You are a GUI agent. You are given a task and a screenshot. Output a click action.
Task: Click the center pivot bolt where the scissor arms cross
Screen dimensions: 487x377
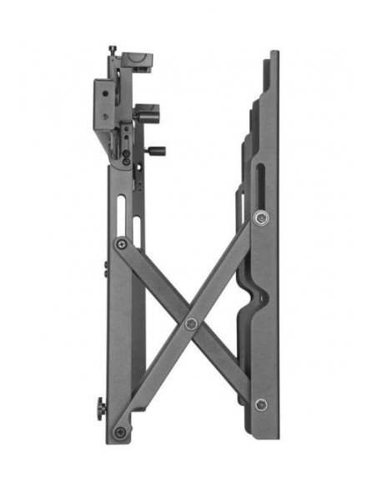pyautogui.click(x=191, y=324)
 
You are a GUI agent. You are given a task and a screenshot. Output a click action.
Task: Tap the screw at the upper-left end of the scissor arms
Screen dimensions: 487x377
pyautogui.click(x=123, y=244)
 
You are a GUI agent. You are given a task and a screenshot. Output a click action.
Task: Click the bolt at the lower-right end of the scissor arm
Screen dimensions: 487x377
pyautogui.click(x=262, y=404)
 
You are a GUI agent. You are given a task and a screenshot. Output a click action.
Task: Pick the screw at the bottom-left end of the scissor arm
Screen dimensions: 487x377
pyautogui.click(x=121, y=432)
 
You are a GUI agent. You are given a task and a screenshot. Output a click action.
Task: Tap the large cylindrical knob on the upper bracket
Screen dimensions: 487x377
pyautogui.click(x=148, y=114)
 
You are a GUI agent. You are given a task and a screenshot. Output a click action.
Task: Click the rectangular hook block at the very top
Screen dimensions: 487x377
pyautogui.click(x=138, y=63)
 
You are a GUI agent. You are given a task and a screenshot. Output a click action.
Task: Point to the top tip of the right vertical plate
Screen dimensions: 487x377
pyautogui.click(x=274, y=53)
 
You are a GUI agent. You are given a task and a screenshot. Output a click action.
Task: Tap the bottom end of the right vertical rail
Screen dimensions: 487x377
pyautogui.click(x=269, y=435)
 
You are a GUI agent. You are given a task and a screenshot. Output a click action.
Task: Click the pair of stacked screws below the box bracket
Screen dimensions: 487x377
pyautogui.click(x=126, y=158)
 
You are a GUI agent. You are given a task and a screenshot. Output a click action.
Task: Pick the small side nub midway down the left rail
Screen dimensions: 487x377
pyautogui.click(x=106, y=269)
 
